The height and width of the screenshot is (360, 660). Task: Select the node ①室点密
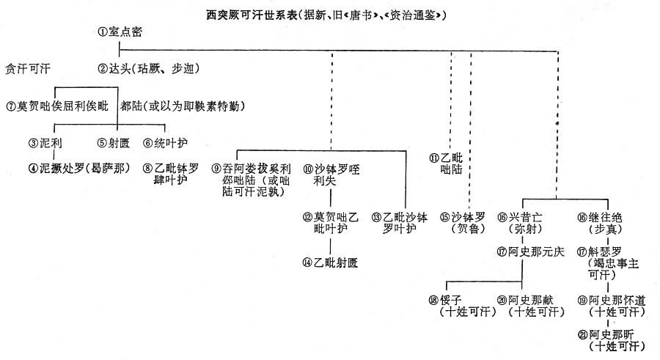click(120, 33)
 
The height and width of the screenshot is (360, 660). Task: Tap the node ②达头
click(121, 69)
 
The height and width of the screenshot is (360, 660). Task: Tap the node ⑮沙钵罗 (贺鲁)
click(471, 222)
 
